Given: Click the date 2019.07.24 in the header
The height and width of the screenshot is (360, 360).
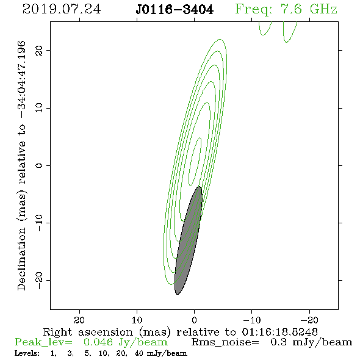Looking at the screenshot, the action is tap(62, 9).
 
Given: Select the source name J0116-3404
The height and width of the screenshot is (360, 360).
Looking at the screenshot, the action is tap(175, 10).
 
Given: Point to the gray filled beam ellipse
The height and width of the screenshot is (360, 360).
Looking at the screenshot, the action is tap(189, 240).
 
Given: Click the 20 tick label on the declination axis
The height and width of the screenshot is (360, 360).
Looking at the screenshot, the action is tap(39, 50).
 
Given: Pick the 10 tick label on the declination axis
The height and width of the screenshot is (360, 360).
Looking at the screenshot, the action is tap(39, 107).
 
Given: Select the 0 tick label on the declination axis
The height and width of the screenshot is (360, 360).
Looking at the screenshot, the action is tap(39, 165).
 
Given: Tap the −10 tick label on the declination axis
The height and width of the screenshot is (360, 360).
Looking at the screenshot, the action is tap(39, 223).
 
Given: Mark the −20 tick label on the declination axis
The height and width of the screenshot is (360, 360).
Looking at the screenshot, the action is tap(39, 281).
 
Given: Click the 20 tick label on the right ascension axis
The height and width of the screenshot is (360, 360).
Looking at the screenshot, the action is tap(79, 320).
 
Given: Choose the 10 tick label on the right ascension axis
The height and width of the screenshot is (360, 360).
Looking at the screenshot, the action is tap(137, 320).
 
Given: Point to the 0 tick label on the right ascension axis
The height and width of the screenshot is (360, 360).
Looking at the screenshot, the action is tap(194, 320).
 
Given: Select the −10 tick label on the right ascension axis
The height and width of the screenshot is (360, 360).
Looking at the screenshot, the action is tap(252, 320).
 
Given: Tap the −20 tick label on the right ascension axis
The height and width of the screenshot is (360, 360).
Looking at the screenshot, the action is tap(309, 320).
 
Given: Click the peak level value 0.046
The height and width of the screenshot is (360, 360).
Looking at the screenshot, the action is tap(98, 342).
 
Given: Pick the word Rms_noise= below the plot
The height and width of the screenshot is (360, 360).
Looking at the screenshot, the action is tap(225, 342).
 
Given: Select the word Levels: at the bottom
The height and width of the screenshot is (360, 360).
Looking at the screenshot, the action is tap(27, 353).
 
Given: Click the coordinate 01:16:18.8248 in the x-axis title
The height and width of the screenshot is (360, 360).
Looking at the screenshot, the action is tap(279, 332).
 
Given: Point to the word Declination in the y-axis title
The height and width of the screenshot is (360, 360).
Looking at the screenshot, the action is tap(21, 259).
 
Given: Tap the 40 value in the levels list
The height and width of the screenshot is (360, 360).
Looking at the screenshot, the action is tap(139, 353).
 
